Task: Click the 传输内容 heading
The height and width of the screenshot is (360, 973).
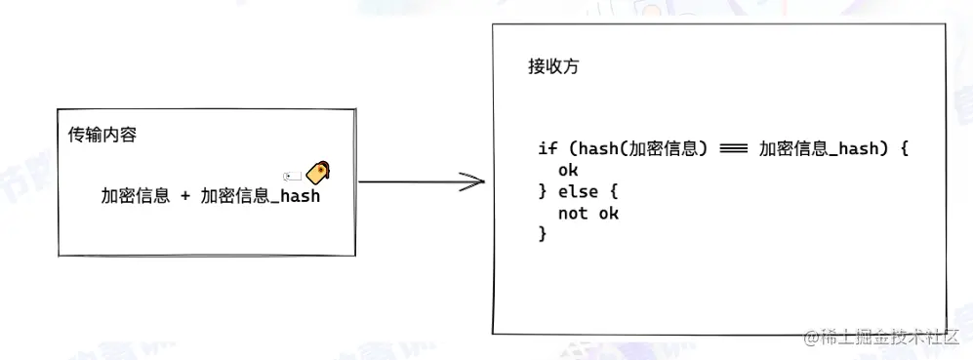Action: pos(101,135)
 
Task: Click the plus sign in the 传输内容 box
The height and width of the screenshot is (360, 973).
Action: pos(185,196)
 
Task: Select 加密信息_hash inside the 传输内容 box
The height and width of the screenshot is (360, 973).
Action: pos(261,196)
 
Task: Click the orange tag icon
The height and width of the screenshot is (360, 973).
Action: pos(317,173)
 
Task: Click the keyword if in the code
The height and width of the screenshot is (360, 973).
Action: pos(547,149)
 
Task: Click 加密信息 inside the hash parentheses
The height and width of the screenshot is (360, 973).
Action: pos(661,149)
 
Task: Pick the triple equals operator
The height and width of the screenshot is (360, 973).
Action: pos(733,149)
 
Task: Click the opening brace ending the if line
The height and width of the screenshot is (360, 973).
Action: pos(905,149)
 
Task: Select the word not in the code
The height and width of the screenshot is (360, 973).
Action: pos(573,213)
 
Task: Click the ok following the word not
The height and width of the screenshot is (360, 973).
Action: pos(609,213)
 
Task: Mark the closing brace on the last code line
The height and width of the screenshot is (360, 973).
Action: pos(543,234)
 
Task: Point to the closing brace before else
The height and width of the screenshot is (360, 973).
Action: pos(543,191)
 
